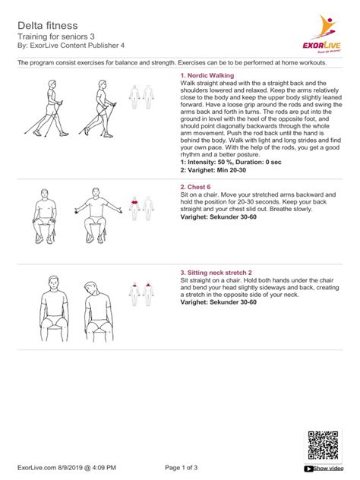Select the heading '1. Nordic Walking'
tap(207, 76)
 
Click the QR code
tap(323, 443)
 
